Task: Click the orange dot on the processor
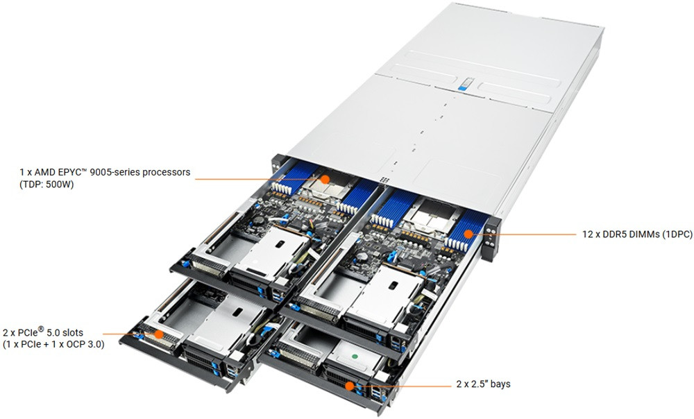pos(324,179)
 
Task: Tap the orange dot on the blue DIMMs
pos(469,234)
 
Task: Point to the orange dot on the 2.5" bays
pos(349,385)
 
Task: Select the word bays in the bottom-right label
pos(499,384)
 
